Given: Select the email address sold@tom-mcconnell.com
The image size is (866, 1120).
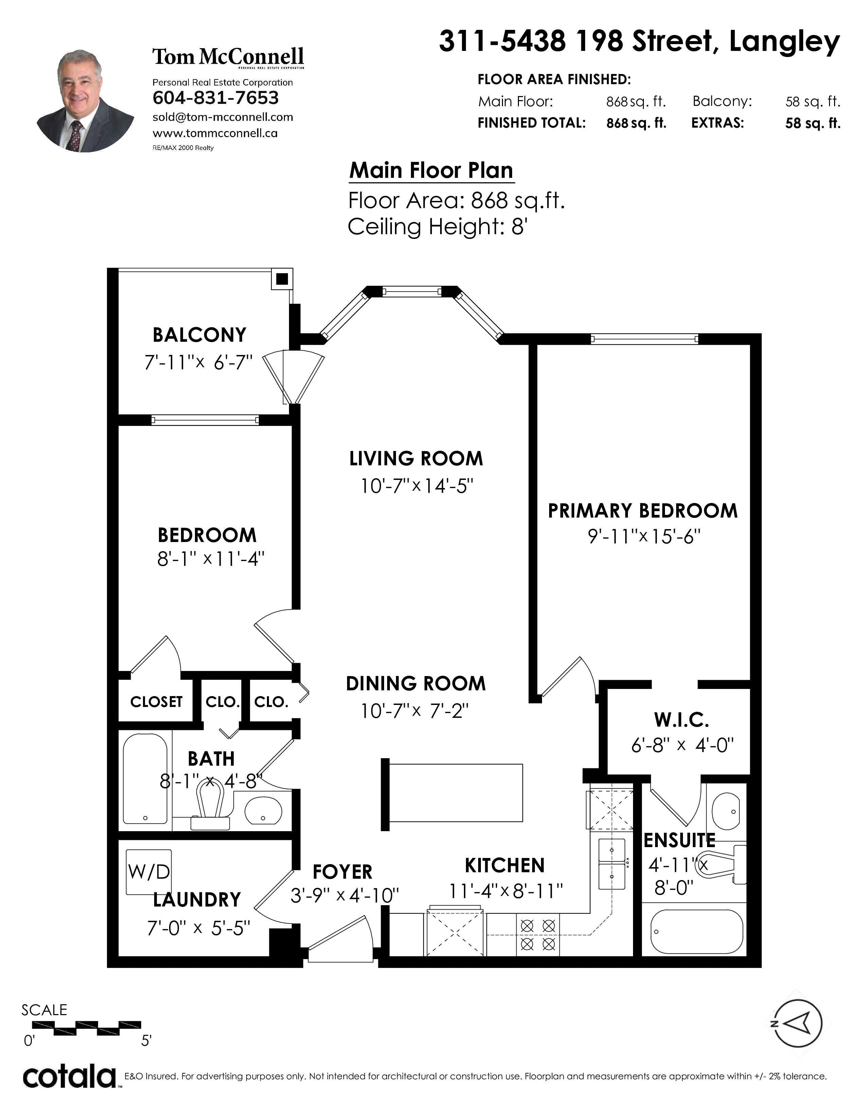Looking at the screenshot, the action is coord(223,117).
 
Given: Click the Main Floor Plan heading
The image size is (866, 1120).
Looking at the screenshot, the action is coord(431,170).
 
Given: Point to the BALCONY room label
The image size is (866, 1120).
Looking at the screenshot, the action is coord(200,335).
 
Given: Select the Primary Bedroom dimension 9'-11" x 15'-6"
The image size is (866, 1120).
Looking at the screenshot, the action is coord(644,536).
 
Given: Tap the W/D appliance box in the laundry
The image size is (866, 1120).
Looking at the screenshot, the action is coord(149,872).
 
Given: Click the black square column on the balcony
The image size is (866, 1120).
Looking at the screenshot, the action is coord(282,279).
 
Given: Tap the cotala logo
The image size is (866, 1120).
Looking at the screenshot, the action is coord(70,1077).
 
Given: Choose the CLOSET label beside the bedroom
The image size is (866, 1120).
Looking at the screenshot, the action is coord(157,702).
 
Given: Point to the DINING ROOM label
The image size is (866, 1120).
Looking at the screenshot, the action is coord(416,684).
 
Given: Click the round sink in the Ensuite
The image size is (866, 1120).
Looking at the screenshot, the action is coord(725,811).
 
